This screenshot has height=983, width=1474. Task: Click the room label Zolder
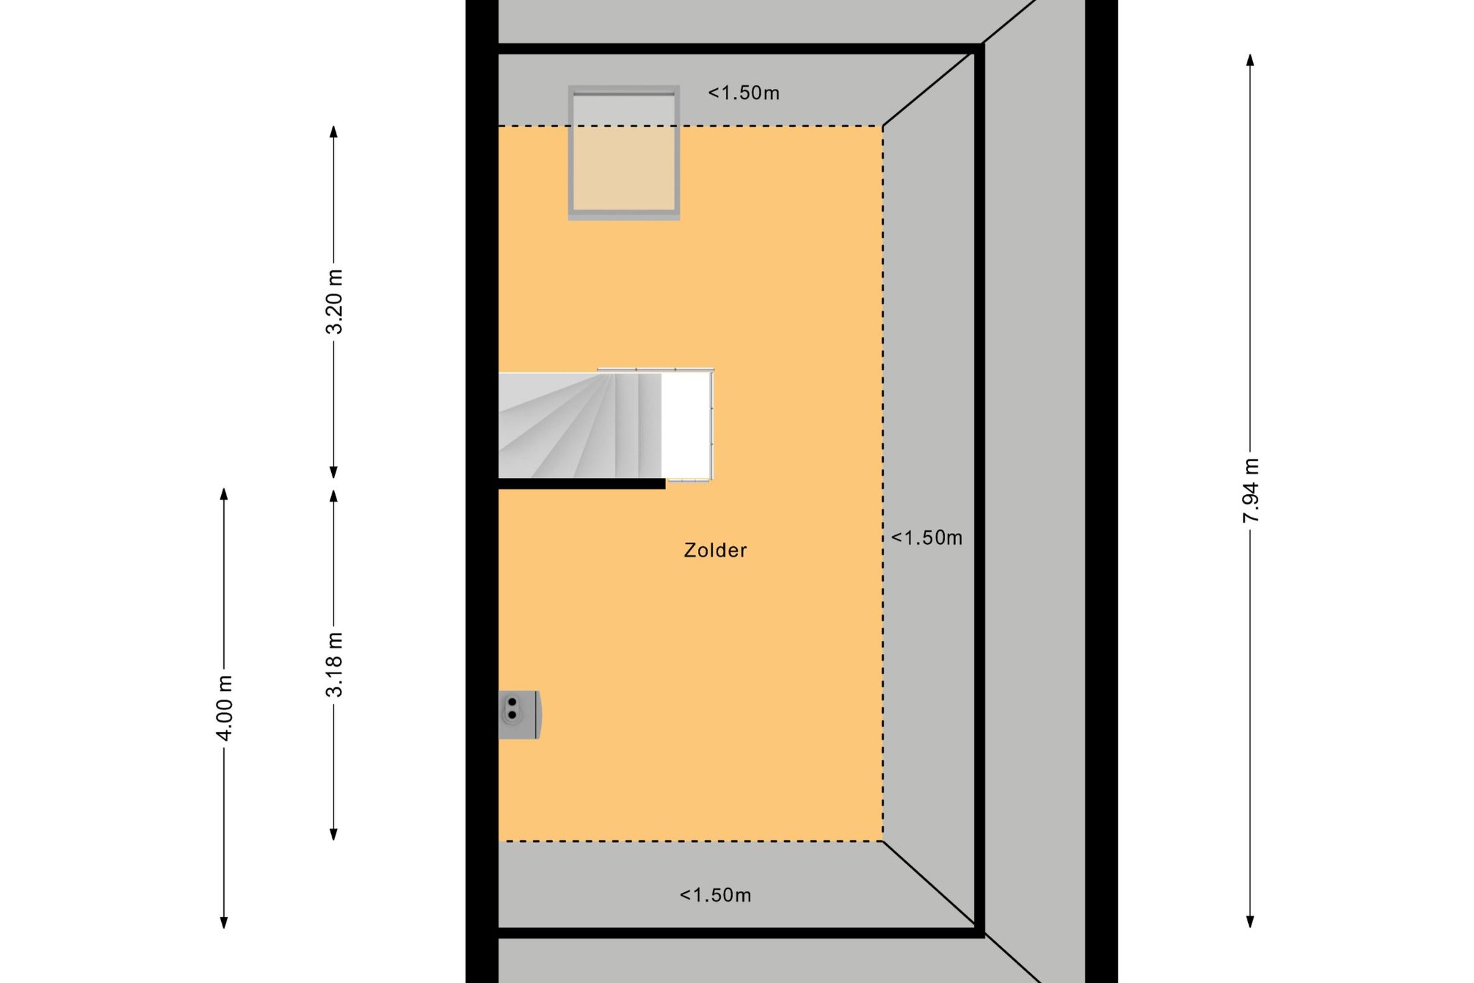coord(715,550)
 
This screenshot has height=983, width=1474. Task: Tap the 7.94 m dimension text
coord(1250,491)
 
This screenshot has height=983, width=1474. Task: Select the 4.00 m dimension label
coord(224,707)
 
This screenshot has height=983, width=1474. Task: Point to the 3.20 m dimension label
coord(334,301)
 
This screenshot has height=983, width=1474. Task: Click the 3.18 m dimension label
coord(334,664)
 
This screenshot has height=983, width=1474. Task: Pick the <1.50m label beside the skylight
coord(744,93)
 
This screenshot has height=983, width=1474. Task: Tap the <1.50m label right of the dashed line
coord(927,538)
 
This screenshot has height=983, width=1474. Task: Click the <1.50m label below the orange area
coord(715,895)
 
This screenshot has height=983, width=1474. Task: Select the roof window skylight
coord(624,152)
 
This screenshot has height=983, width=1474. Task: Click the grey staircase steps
coord(580,425)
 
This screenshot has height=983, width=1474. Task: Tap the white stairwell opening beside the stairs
coord(687,425)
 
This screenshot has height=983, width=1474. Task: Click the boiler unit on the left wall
coord(520,715)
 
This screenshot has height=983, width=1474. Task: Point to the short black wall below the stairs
coord(582,484)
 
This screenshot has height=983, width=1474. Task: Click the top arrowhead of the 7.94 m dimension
coord(1250,59)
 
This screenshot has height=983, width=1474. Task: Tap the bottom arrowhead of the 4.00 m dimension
coord(224,923)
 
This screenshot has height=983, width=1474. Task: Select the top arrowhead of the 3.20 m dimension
coord(334,132)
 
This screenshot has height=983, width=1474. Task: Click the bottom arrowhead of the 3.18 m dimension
coord(334,834)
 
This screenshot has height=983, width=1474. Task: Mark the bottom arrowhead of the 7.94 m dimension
coord(1250,922)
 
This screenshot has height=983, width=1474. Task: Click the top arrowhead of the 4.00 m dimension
coord(224,494)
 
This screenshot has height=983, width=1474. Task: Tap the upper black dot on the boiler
coord(512,702)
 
